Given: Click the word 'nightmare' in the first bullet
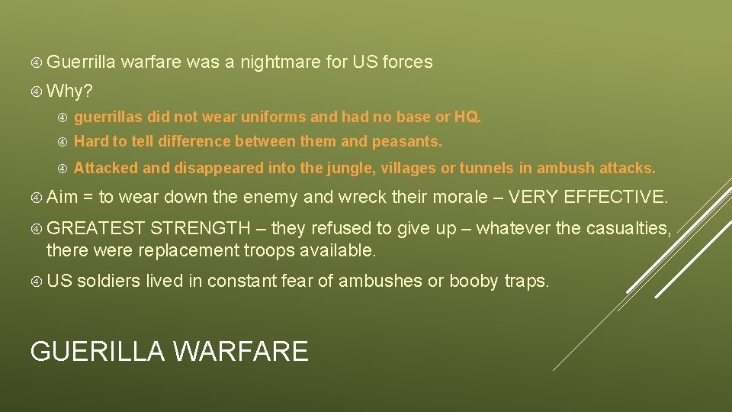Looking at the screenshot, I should tap(280, 63).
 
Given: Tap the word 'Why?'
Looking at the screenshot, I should tap(69, 92).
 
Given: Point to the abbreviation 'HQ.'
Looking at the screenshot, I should tap(467, 117).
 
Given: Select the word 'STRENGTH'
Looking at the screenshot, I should tap(200, 228).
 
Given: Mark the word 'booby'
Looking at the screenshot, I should tap(474, 282).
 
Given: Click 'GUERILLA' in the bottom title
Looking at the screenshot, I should tap(98, 351).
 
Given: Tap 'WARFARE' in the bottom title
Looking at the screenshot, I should tap(240, 351).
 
